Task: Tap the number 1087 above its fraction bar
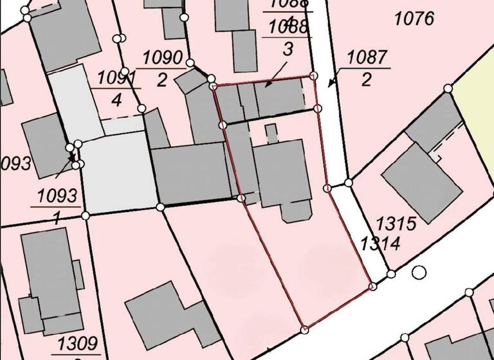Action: (x=368, y=57)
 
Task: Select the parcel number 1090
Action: (x=163, y=57)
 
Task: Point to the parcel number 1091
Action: (x=118, y=78)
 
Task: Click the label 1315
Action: (x=397, y=224)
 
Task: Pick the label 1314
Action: (x=381, y=244)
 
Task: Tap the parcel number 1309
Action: (x=78, y=343)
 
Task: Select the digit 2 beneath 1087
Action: (x=366, y=80)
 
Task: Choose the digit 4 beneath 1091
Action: (x=116, y=100)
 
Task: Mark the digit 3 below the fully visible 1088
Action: (x=288, y=48)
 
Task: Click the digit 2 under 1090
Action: (x=161, y=80)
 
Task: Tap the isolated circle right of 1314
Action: (x=419, y=272)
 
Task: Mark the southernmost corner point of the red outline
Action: (x=304, y=330)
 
